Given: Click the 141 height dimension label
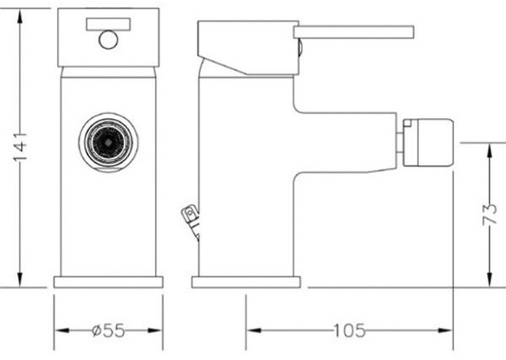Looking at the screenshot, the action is pos(20,147).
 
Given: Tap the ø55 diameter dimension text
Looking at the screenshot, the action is pos(108,330).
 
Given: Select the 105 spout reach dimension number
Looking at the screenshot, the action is pos(349,330).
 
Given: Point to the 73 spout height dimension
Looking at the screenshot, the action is pos(489,213).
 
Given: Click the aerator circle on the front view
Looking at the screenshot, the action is pos(109,142).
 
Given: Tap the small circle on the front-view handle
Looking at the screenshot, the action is pos(109,40).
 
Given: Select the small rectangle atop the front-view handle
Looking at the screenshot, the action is pos(109,24).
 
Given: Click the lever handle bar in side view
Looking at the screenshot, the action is pos(353,32).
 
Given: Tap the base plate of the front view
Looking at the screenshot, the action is pos(109,282).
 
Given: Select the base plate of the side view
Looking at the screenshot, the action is pos(246,282).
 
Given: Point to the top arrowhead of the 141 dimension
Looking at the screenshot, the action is pos(20,16).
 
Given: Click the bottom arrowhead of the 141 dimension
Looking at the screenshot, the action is pos(20,279).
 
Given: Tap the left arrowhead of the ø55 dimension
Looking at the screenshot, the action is pos(62,330).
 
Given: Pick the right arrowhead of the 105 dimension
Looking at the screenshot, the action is pos(445,330).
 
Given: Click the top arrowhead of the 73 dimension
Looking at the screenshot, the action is pos(490,151).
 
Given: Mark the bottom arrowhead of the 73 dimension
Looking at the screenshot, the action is pos(490,279).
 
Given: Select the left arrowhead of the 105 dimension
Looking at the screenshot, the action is pos(254,330).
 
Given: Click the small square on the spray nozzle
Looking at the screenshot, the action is pos(408,122).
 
